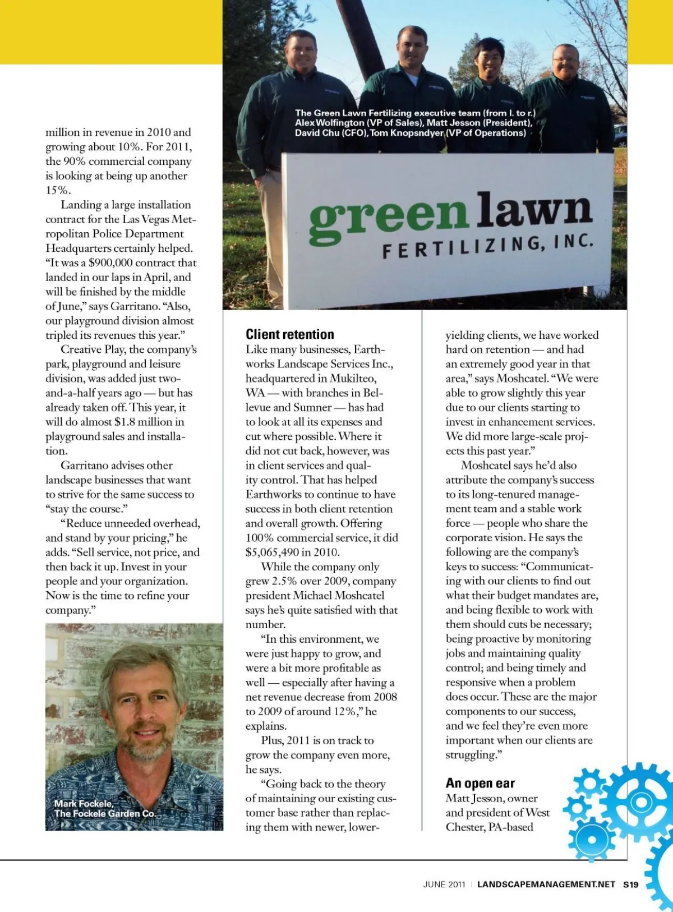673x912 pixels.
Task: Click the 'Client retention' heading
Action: tap(289, 334)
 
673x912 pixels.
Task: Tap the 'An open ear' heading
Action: tap(480, 783)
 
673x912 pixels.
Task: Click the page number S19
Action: tap(631, 885)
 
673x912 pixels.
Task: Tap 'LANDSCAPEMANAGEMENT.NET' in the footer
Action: tap(546, 885)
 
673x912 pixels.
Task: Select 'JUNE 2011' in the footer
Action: tap(444, 885)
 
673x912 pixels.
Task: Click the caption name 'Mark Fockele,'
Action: tap(84, 803)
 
